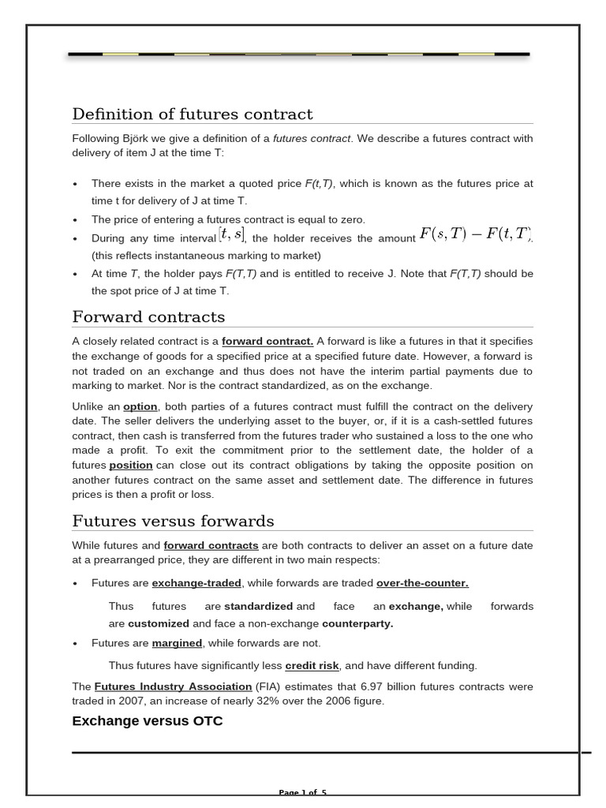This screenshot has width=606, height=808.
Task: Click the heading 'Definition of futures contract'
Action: coord(192,114)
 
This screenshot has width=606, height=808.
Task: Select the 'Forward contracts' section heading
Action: coord(148,317)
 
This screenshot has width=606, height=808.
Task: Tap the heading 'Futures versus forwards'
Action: coord(173,522)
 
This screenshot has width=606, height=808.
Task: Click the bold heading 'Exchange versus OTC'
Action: coord(147,721)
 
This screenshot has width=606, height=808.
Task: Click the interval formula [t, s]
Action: coord(232,235)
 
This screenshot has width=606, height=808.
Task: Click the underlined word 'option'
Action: coord(140,406)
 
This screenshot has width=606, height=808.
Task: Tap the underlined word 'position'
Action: coord(130,466)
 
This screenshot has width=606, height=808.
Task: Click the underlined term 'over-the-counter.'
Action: coord(422,583)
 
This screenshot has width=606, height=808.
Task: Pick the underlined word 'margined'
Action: coord(177,643)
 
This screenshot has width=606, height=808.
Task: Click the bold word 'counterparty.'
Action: coord(357,623)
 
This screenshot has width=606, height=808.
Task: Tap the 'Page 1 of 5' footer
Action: coord(302,792)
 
